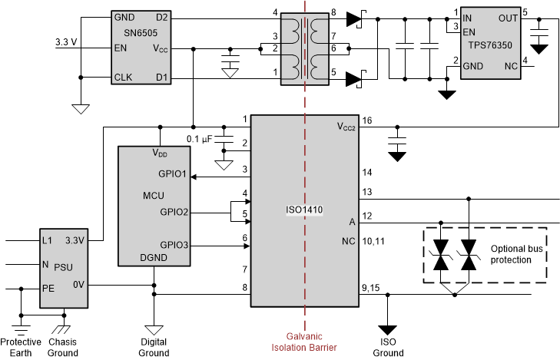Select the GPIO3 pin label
[172, 245]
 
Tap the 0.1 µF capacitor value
[199, 138]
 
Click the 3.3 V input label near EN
[67, 42]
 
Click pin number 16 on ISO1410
[367, 121]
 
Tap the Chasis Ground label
[63, 347]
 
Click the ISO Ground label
[388, 347]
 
